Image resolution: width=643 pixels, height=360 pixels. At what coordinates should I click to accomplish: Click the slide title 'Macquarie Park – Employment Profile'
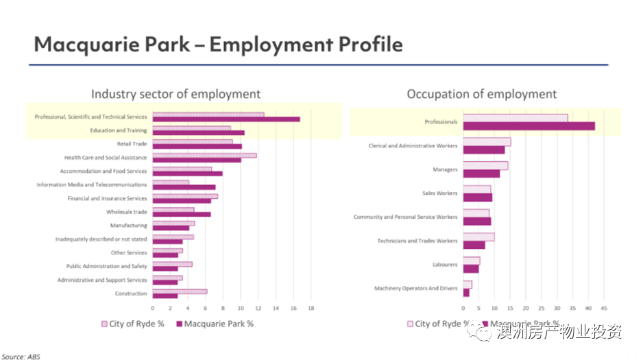pos(218,45)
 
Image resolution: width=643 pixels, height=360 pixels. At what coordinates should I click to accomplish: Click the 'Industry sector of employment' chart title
pos(175,94)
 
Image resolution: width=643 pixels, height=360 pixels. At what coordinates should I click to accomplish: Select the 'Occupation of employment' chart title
pos(482,94)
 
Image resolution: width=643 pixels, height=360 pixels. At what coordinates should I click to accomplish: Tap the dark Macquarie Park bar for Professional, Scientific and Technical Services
pos(226,119)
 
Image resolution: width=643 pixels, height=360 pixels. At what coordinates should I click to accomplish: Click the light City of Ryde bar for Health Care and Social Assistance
pos(204,155)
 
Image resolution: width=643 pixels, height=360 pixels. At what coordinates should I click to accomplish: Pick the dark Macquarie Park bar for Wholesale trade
pos(181,215)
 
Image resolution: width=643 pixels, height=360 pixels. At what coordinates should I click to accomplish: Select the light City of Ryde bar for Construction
pos(179,291)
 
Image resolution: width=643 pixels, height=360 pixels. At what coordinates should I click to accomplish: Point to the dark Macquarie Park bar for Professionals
pos(529,126)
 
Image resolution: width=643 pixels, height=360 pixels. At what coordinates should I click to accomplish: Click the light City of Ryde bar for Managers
pos(485,166)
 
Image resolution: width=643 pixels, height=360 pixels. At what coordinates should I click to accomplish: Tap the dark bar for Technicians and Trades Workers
pos(474,245)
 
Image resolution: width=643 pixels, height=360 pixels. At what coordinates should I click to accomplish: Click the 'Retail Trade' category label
pos(132,144)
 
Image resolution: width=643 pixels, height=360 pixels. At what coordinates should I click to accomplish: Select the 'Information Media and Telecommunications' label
pos(92,184)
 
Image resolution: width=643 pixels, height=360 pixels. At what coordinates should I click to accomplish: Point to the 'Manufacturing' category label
pos(128,226)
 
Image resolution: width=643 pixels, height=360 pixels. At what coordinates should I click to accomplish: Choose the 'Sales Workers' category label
pos(439,193)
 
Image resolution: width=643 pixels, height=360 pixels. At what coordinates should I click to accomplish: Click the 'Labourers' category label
pos(445,265)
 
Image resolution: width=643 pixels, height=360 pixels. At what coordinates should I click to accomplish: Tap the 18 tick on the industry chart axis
pos(311,309)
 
